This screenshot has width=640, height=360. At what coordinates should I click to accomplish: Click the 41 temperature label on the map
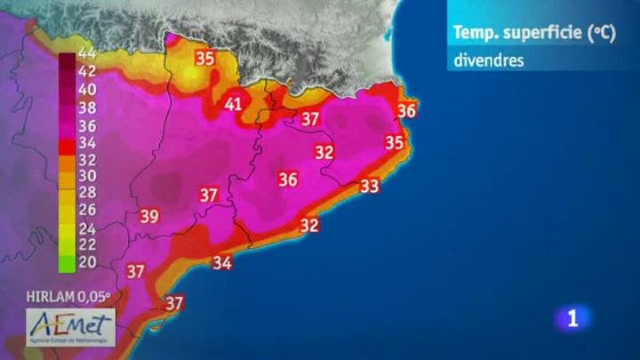[x=233, y=104]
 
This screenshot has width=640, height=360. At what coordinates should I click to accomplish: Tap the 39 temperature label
[x=150, y=216]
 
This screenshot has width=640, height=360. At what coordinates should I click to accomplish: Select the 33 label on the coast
[x=369, y=186]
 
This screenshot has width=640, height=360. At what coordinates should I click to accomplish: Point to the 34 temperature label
[x=222, y=263]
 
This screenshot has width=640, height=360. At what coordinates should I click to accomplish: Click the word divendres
[x=488, y=60]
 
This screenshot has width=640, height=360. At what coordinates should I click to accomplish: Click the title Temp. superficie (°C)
[x=534, y=33]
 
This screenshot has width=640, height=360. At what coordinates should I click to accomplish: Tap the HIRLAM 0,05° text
[x=68, y=297]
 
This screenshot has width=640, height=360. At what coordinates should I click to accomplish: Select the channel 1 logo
[x=573, y=318]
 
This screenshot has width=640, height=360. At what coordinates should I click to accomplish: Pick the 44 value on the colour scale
[x=87, y=53]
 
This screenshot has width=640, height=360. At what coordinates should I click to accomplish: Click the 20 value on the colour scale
[x=87, y=262]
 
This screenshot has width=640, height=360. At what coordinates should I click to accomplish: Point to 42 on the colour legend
[x=87, y=71]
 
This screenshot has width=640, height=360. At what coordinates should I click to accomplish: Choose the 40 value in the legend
[x=87, y=90]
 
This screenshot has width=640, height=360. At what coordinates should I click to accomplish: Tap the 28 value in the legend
[x=87, y=192]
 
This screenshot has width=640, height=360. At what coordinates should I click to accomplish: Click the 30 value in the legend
[x=87, y=176]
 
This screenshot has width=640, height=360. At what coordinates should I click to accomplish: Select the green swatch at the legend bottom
[x=67, y=264]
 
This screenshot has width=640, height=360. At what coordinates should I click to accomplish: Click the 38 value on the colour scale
[x=87, y=108]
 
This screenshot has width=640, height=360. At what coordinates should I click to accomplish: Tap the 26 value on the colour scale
[x=87, y=210]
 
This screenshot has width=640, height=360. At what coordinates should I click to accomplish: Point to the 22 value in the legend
[x=87, y=244]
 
